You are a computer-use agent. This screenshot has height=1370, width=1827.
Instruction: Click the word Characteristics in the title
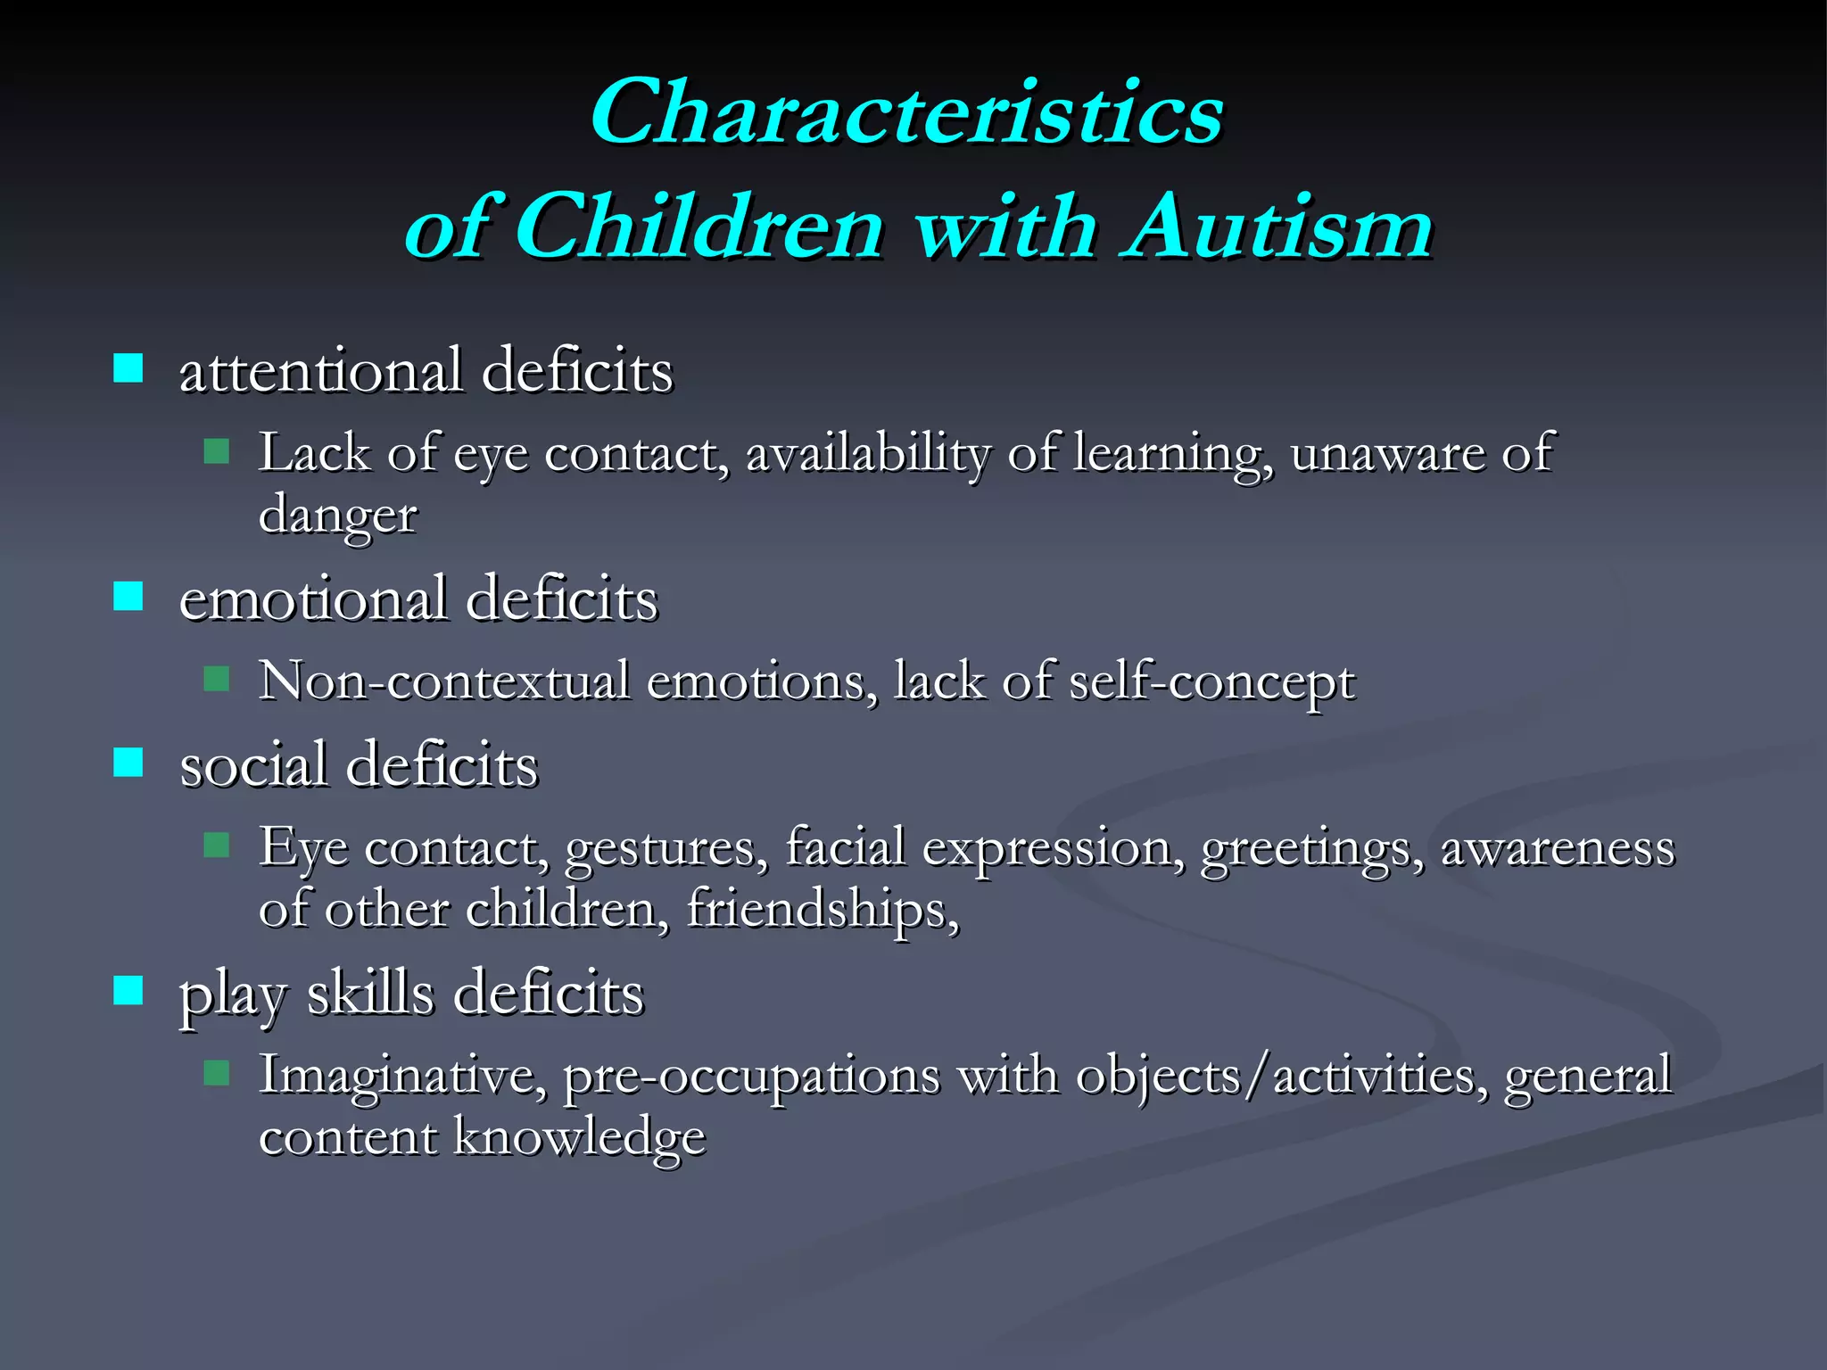[905, 112]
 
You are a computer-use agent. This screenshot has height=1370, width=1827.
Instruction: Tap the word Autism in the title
[1279, 227]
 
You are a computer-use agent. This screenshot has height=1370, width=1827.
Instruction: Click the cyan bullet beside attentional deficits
[128, 367]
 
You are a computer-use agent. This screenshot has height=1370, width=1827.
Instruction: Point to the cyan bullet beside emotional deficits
[128, 596]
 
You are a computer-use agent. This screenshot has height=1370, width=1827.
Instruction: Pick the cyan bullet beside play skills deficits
[128, 990]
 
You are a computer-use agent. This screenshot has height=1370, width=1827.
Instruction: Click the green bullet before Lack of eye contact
[216, 450]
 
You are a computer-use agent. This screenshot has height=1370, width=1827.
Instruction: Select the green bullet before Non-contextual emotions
[216, 680]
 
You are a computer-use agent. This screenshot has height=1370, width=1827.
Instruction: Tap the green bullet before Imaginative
[216, 1072]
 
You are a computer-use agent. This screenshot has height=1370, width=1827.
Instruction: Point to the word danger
[337, 516]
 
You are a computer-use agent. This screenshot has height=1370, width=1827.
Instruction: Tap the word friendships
[821, 910]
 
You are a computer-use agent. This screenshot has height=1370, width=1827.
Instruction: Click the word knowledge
[580, 1138]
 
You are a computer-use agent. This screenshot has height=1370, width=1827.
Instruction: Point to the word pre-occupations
[751, 1076]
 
